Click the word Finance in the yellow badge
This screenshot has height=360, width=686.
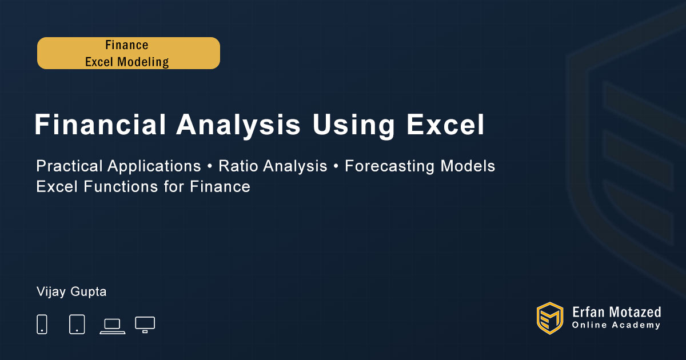[127, 45]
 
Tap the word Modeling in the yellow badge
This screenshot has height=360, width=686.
[143, 62]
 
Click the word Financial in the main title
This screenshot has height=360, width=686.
[100, 125]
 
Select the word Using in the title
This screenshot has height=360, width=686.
[354, 126]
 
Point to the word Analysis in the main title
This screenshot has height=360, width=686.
[238, 126]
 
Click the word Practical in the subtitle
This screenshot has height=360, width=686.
[69, 166]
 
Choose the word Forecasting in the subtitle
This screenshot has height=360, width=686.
[389, 166]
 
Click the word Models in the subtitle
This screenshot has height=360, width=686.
[468, 166]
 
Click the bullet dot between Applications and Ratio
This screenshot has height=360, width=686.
[210, 166]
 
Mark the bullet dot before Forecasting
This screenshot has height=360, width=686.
[336, 166]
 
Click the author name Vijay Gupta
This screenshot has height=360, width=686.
[71, 292]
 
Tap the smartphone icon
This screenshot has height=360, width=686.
[42, 324]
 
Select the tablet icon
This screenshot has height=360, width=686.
[77, 324]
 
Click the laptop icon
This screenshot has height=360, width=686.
[113, 326]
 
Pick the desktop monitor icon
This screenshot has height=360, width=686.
[145, 325]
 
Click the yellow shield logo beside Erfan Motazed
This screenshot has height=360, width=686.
[550, 318]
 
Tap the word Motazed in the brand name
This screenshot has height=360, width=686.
[635, 312]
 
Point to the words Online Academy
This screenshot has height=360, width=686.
[616, 325]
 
